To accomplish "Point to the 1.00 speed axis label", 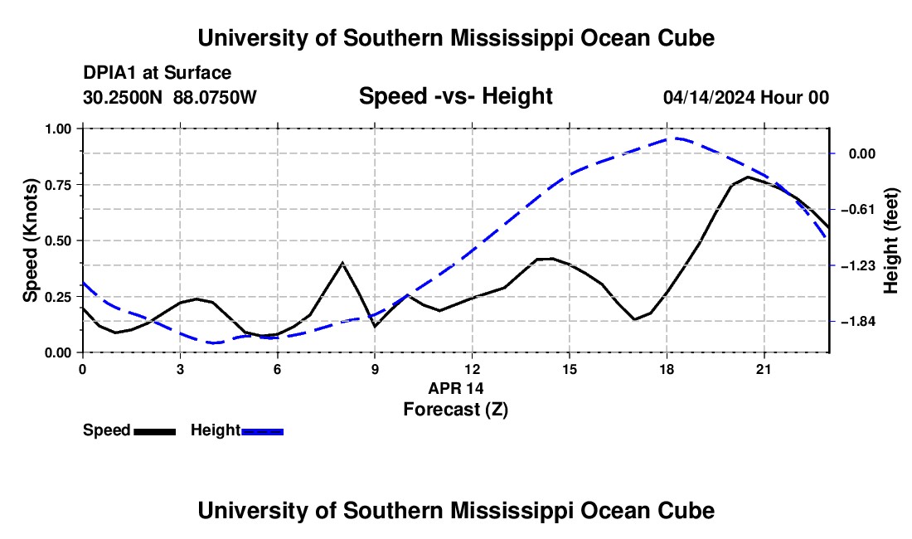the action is pyautogui.click(x=58, y=129).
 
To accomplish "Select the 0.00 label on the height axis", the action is pyautogui.click(x=862, y=153).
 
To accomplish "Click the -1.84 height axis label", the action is pyautogui.click(x=858, y=322).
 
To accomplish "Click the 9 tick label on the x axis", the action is pyautogui.click(x=375, y=369).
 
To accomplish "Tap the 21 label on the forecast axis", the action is pyautogui.click(x=764, y=369).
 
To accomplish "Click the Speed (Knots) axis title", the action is pyautogui.click(x=30, y=240).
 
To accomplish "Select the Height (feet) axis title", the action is pyautogui.click(x=891, y=240).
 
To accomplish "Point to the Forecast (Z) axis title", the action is pyautogui.click(x=455, y=410).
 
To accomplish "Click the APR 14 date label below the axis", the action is pyautogui.click(x=456, y=388).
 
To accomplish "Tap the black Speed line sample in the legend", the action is pyautogui.click(x=155, y=432).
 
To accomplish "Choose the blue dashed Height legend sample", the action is pyautogui.click(x=262, y=432).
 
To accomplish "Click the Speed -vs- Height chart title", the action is pyautogui.click(x=455, y=96).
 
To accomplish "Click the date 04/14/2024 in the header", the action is pyautogui.click(x=709, y=97).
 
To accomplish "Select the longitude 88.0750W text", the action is pyautogui.click(x=215, y=97).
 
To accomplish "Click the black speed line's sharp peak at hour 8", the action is pyautogui.click(x=342, y=263).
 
